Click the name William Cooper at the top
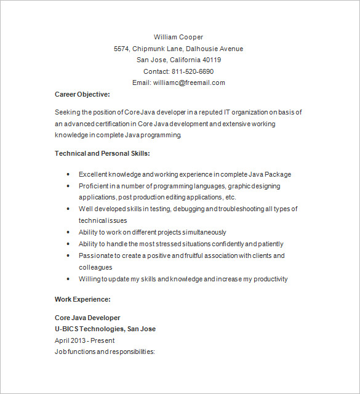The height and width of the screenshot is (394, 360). (x=178, y=37)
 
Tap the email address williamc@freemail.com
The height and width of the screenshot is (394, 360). (x=189, y=82)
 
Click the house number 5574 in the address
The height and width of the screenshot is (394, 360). (x=122, y=49)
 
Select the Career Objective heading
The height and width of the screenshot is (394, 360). (x=82, y=94)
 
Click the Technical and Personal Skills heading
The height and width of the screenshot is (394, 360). (x=102, y=153)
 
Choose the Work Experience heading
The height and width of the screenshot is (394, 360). (x=82, y=299)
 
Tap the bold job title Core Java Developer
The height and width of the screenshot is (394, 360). (x=87, y=318)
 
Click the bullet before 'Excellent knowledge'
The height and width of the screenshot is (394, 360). (x=67, y=174)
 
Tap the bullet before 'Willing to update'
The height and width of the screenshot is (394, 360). (x=67, y=279)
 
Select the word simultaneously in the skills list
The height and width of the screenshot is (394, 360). (x=201, y=232)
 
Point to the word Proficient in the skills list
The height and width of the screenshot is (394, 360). (x=94, y=186)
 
